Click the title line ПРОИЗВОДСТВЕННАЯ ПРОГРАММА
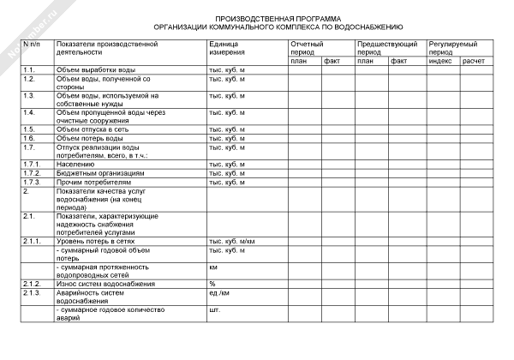click(x=277, y=18)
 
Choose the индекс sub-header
click(x=439, y=61)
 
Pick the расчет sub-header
click(x=473, y=61)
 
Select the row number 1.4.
click(x=29, y=112)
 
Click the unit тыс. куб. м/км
click(x=232, y=242)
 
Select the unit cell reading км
click(x=213, y=267)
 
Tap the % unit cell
click(x=212, y=284)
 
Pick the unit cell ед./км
click(x=220, y=293)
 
